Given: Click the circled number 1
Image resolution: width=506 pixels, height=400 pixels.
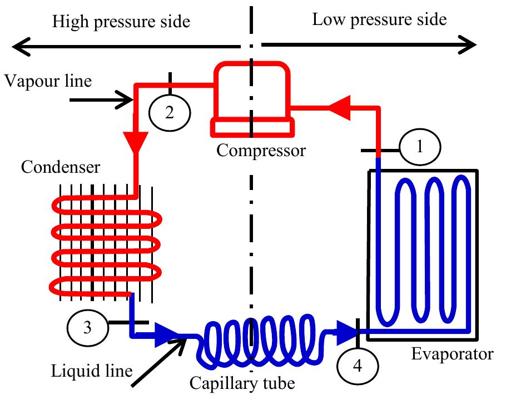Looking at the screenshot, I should (420, 148).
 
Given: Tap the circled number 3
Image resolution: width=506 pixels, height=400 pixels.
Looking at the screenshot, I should (87, 327).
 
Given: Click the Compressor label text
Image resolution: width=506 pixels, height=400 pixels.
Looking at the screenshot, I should (261, 150).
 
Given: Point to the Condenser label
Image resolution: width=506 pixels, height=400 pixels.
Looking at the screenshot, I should (61, 167).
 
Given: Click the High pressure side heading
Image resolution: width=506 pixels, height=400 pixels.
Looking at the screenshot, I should (121, 22).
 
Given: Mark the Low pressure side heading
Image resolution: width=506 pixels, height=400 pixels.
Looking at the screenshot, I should (379, 20).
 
